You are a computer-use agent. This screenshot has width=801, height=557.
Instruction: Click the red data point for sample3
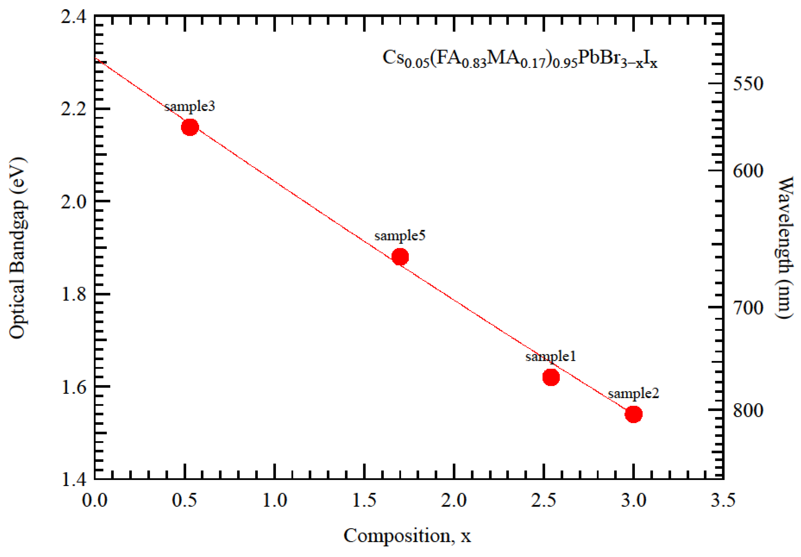coord(190,127)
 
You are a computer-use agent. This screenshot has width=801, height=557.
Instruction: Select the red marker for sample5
coord(400,257)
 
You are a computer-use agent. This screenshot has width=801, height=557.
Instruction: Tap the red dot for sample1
coord(551,377)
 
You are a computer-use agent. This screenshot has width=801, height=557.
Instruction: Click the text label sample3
coord(190,106)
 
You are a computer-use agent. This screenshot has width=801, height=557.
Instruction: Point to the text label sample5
coord(400,236)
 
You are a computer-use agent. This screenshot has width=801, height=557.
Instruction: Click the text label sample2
coord(634,393)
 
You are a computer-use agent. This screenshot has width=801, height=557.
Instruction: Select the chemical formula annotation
coord(520,59)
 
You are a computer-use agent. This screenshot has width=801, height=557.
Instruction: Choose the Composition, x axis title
coord(407,536)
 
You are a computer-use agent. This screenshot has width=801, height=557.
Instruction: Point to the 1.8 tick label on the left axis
coord(73,294)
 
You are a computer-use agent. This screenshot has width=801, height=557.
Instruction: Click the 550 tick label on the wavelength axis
coord(748,84)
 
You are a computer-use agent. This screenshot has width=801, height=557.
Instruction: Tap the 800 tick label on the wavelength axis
coord(748,411)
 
